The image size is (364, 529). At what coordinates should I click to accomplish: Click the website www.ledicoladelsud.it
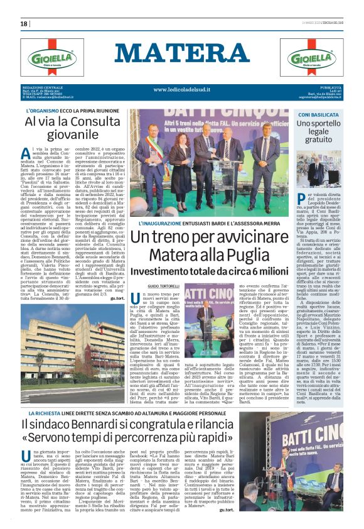click(182, 89)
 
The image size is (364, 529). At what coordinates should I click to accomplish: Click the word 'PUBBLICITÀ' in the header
click(330, 87)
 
